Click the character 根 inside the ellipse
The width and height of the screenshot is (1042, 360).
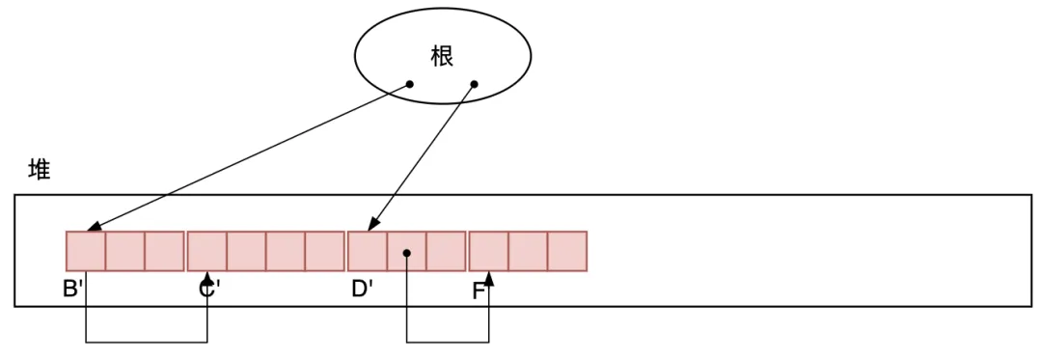tap(442, 57)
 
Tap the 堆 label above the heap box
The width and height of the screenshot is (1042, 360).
tap(40, 171)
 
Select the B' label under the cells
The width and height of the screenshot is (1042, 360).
tap(73, 288)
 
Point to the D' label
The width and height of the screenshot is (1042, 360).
tap(362, 288)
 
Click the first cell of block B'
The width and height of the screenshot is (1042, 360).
tap(86, 251)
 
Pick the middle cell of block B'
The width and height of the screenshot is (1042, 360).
tap(124, 251)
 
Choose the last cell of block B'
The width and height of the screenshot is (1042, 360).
tap(164, 251)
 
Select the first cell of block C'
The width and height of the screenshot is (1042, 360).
tap(206, 251)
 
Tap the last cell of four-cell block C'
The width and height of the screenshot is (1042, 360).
tap(324, 251)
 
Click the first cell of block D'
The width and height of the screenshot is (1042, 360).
tap(367, 251)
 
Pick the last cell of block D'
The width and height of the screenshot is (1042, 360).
tap(446, 251)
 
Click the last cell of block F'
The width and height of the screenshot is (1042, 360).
tap(567, 251)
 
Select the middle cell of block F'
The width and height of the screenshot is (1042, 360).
tap(528, 251)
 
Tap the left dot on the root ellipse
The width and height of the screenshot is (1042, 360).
tap(409, 84)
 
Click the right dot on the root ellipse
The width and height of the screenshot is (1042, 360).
tap(474, 84)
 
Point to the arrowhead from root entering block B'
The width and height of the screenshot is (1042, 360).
tap(92, 229)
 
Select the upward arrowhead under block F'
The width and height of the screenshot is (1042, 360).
tap(489, 277)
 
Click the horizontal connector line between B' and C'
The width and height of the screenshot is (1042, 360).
tap(147, 341)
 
